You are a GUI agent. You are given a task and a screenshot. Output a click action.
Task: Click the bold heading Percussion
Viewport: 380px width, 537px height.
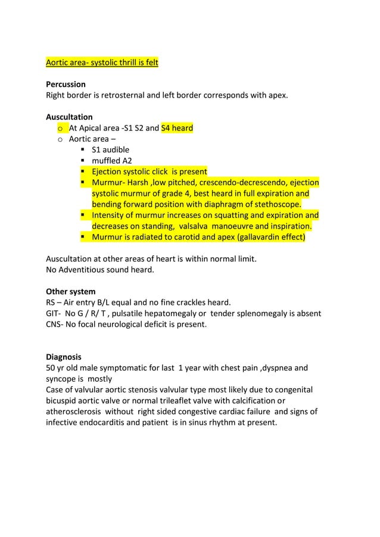click(66, 84)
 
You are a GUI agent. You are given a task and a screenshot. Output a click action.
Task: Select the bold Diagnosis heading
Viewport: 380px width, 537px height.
click(64, 357)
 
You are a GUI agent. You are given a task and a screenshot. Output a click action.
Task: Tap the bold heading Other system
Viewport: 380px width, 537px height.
click(70, 292)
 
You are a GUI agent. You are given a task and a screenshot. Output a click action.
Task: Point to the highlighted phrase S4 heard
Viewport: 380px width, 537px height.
click(177, 127)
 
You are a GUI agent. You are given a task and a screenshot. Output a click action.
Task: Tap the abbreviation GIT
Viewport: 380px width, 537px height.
click(54, 313)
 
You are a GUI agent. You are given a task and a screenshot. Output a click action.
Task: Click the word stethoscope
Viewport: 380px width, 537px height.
click(270, 204)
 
